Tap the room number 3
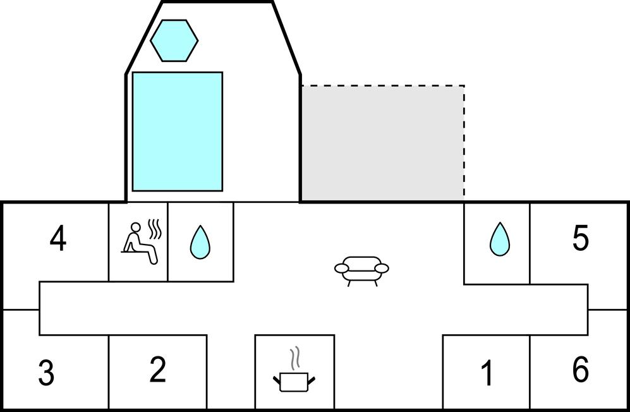pos(46,373)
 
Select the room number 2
pos(157,370)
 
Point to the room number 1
pos(487,373)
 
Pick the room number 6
pos(581,369)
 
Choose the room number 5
pos(581,238)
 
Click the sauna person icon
pos(139,243)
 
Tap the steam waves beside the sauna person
pos(155,229)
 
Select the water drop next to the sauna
pos(200,242)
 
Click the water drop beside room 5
pos(500,239)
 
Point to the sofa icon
pos(361,271)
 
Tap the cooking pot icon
pos(294,382)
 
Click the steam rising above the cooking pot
pos(296,358)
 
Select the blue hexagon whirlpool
pos(174,40)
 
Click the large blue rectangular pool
pos(177,131)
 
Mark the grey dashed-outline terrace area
pos(383,143)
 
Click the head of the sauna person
pos(136,227)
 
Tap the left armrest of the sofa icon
pos(342,268)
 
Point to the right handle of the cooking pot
pos(312,379)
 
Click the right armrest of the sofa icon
pos(381,268)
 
